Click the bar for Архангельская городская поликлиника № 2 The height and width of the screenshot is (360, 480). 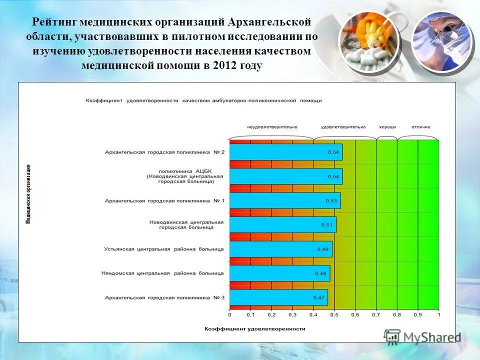(285, 152)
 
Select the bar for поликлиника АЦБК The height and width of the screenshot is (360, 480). (285, 176)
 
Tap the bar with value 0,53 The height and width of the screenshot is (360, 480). (284, 200)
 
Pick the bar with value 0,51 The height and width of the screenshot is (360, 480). (282, 224)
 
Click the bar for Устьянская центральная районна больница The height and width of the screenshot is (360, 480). (280, 249)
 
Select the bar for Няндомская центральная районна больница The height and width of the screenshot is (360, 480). (279, 273)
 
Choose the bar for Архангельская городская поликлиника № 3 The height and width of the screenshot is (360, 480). (278, 297)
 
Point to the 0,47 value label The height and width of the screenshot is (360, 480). (318, 297)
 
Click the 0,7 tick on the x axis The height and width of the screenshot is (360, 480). (375, 315)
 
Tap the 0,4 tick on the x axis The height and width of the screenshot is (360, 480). (313, 315)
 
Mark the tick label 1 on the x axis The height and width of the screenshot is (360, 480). (438, 315)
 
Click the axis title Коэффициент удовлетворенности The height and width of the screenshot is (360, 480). (254, 329)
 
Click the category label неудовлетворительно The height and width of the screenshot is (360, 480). (272, 127)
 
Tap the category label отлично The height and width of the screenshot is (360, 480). (420, 127)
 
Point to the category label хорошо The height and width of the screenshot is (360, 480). (387, 127)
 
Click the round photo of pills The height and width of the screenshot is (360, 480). (368, 40)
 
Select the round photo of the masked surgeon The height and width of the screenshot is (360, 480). (442, 40)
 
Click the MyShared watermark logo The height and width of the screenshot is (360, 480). (422, 336)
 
